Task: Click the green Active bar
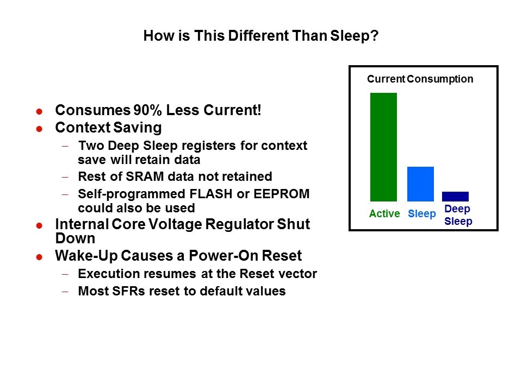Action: tap(383, 147)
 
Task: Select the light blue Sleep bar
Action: tap(420, 184)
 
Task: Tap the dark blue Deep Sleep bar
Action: tap(455, 197)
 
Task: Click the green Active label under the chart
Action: tap(384, 213)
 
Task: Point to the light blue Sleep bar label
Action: tap(422, 214)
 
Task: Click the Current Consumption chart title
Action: tap(420, 79)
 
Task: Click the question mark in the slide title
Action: tap(375, 36)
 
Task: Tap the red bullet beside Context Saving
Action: tap(39, 129)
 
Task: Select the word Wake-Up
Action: tap(86, 256)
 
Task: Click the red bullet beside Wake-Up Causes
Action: tap(39, 257)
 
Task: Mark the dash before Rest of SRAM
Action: tap(65, 177)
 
